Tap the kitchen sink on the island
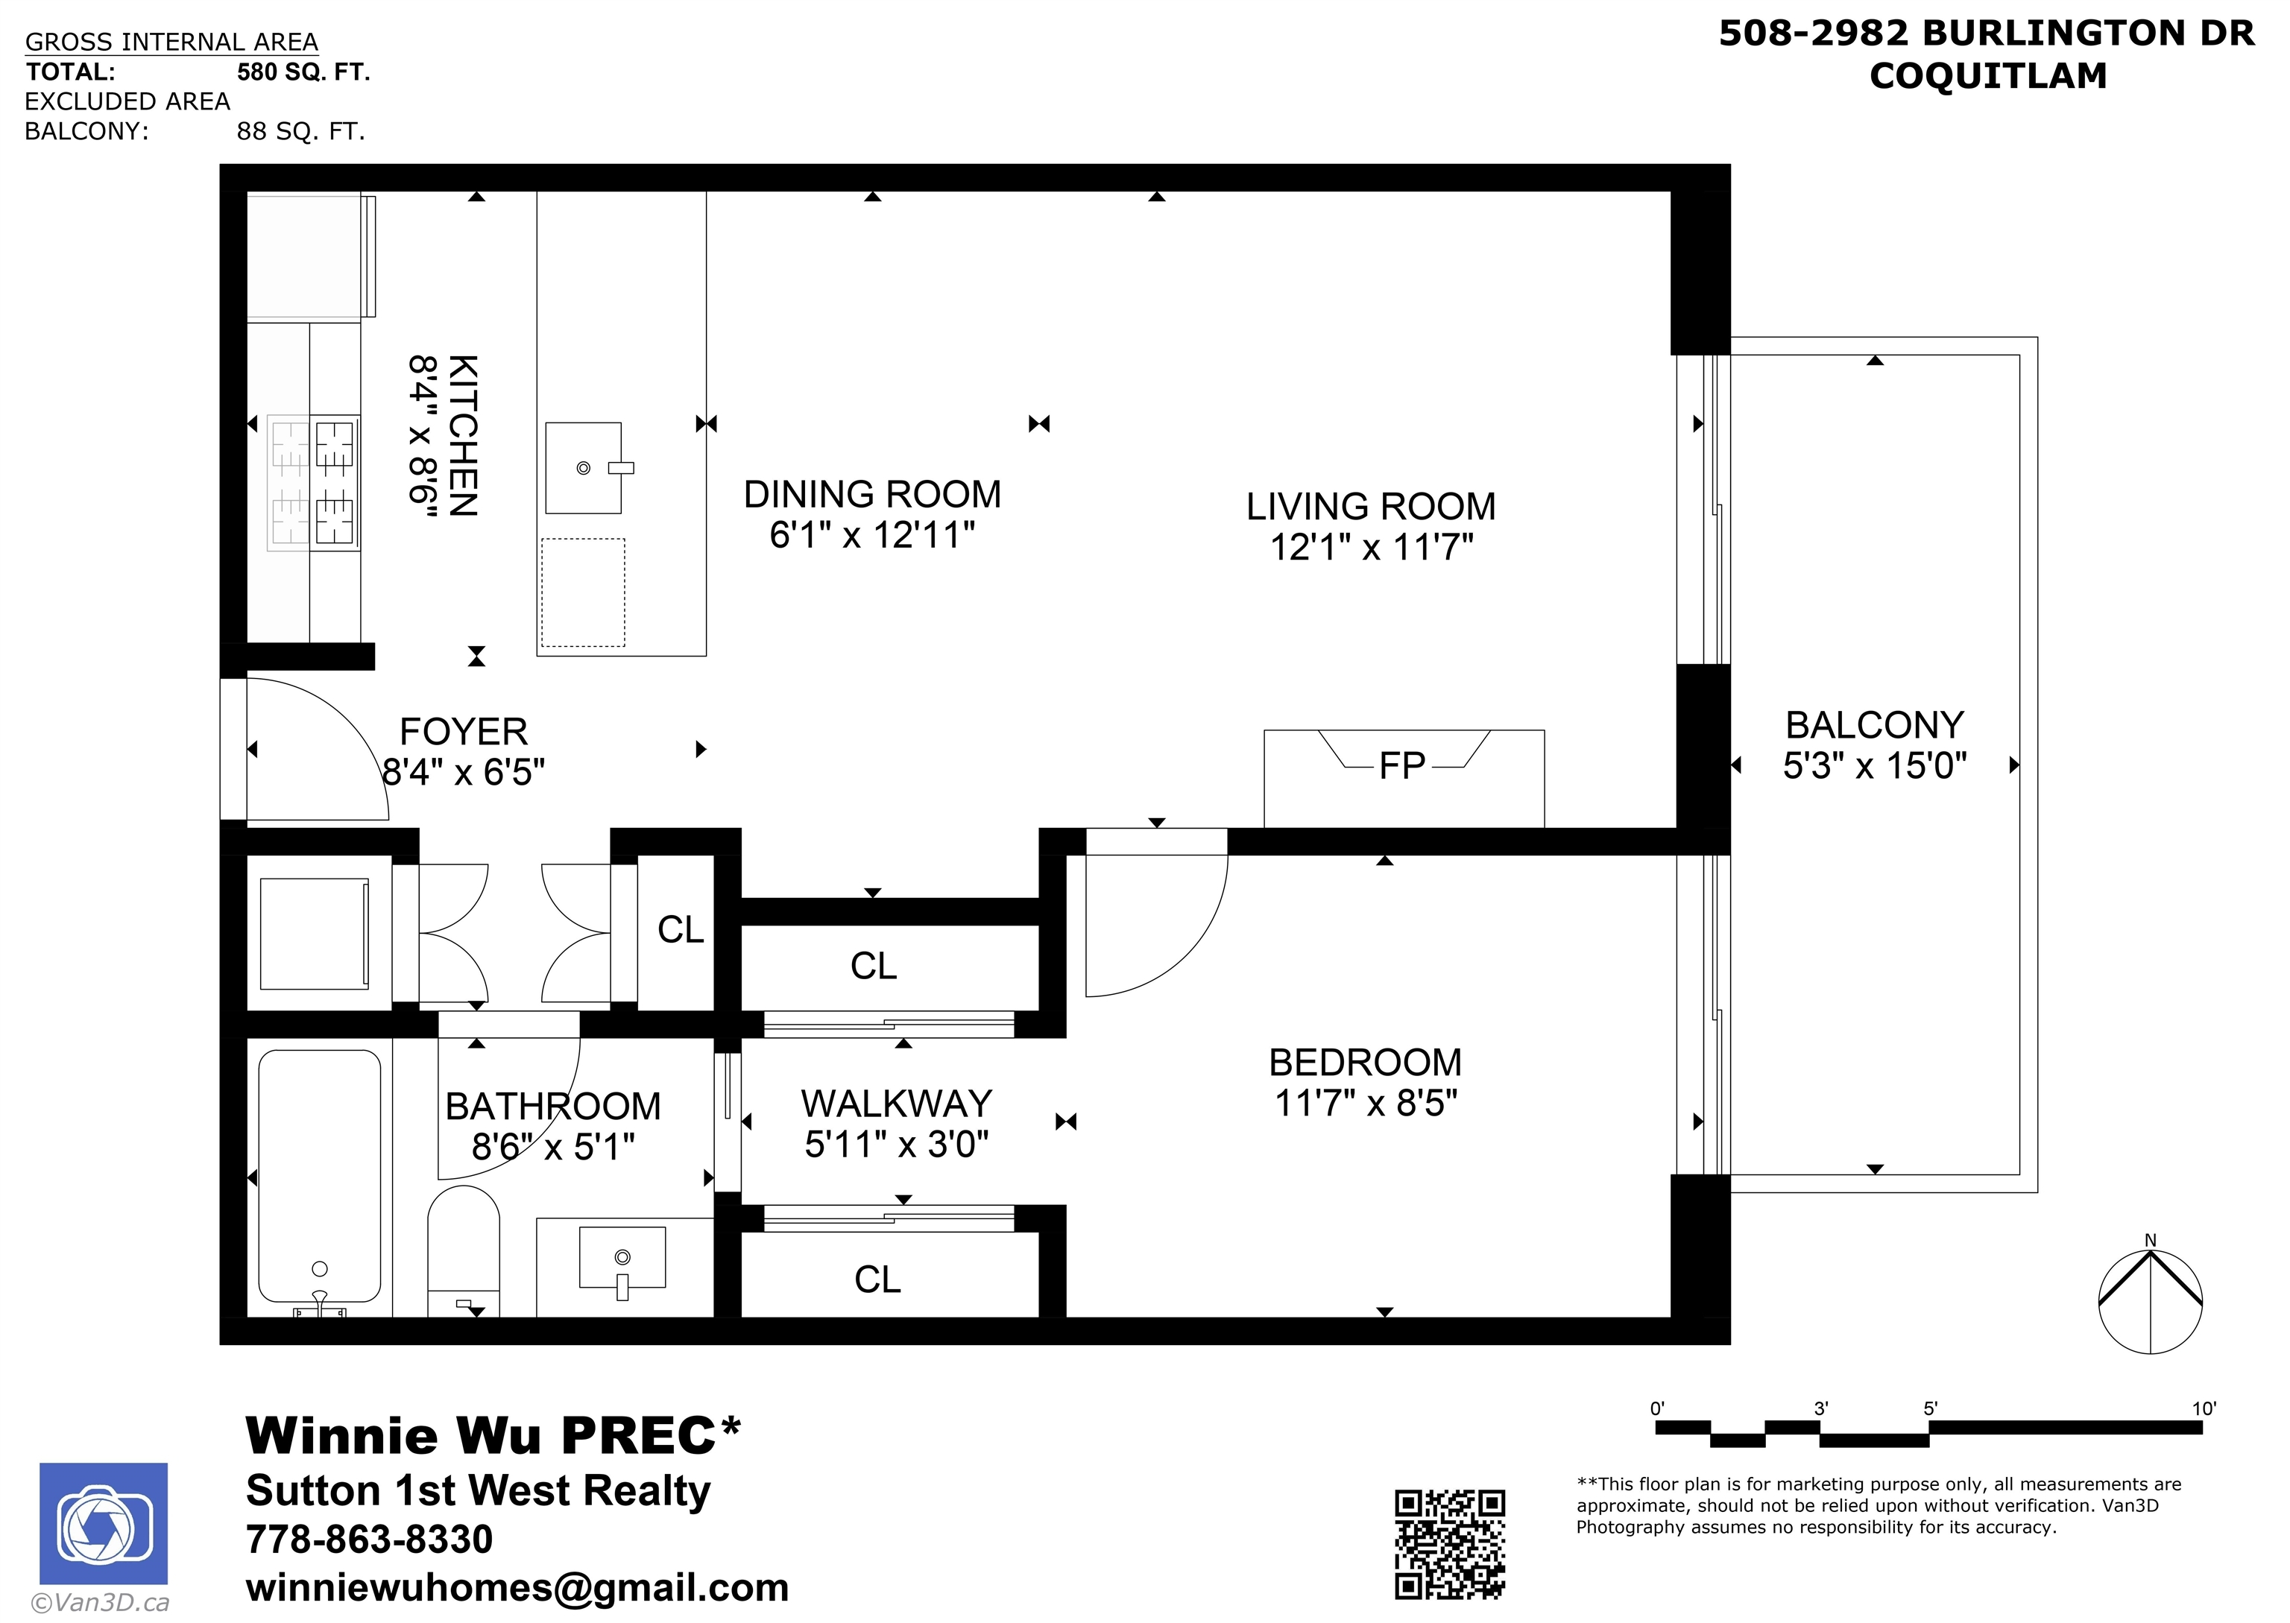click(x=584, y=468)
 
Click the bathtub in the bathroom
click(x=320, y=1177)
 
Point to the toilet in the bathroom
click(x=464, y=1250)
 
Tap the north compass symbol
click(x=2150, y=1300)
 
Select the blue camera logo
click(x=104, y=1524)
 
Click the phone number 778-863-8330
click(x=370, y=1540)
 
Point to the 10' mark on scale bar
click(x=2203, y=1409)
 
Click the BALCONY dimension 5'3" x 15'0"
click(x=1876, y=765)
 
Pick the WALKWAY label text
click(x=897, y=1104)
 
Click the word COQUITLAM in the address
click(x=1988, y=76)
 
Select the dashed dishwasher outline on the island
click(x=584, y=592)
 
